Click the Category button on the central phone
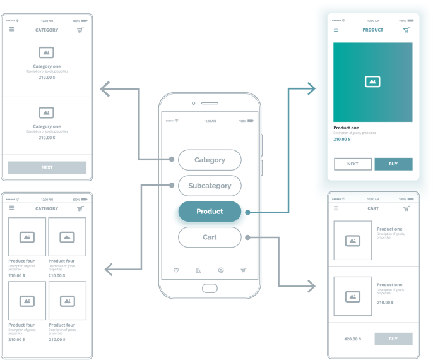coord(210,160)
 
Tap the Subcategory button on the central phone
coord(210,186)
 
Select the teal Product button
coord(210,212)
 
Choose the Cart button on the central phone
coord(210,237)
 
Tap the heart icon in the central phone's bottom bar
coord(176,270)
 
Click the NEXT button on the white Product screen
coord(353,164)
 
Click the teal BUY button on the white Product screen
coord(393,164)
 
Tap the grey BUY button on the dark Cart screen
coord(393,339)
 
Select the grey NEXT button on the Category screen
coord(47,167)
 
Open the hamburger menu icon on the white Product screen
coord(336,30)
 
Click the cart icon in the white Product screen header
coord(406,30)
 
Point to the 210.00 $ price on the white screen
coord(341,139)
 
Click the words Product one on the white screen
coord(346,128)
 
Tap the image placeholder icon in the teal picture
coord(372,81)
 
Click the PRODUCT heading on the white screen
coord(372,30)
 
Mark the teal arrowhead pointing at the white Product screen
coord(311,89)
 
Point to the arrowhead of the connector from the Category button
coord(104,90)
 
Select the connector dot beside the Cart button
coord(248,237)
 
